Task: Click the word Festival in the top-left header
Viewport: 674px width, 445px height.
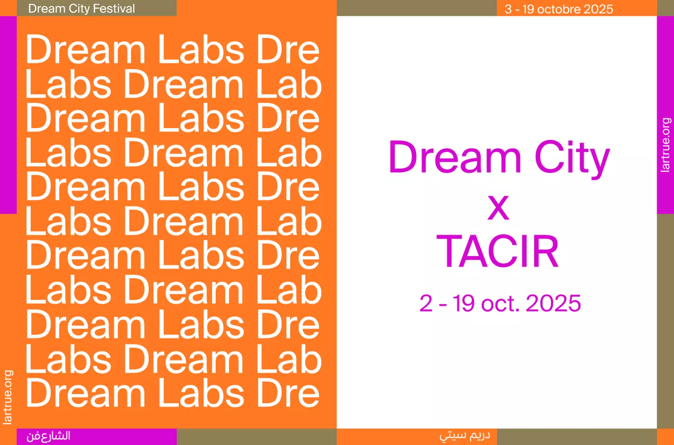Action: click(114, 8)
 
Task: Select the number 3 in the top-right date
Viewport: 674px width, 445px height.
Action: click(508, 9)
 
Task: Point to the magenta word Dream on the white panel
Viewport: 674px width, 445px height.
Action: click(455, 157)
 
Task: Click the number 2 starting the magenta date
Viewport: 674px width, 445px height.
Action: click(426, 303)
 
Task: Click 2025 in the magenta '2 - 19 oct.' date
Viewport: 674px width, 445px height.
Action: click(553, 303)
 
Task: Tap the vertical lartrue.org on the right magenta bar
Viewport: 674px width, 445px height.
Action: click(665, 145)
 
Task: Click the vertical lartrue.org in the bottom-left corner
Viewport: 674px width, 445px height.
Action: click(8, 397)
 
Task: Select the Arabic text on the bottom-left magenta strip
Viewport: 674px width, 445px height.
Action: click(48, 436)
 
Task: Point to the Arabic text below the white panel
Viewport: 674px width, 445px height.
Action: click(465, 435)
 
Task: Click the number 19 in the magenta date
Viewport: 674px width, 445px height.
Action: click(464, 303)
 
